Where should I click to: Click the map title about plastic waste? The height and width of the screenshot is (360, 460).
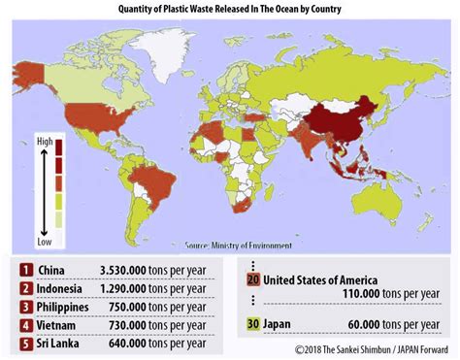click(x=229, y=9)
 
